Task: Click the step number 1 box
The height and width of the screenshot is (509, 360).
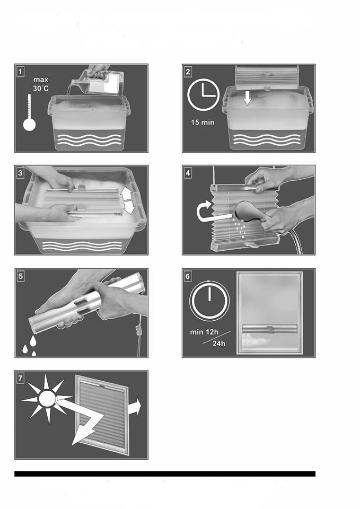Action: [x=21, y=72]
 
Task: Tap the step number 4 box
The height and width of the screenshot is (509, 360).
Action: [x=188, y=173]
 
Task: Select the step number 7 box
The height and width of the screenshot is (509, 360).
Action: [x=21, y=378]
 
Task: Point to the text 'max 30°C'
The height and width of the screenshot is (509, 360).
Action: [x=41, y=84]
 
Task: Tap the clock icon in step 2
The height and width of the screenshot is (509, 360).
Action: [x=203, y=95]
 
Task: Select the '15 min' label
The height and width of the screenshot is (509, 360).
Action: [x=203, y=122]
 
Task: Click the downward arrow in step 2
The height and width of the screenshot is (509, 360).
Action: [x=248, y=98]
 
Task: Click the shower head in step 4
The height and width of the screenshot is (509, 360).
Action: [x=247, y=212]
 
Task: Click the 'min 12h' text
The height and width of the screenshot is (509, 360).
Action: [x=204, y=332]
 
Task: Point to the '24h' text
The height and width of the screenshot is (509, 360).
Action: [x=219, y=344]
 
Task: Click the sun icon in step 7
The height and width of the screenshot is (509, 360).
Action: [x=47, y=399]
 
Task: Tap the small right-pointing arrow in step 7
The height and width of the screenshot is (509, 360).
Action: [x=135, y=407]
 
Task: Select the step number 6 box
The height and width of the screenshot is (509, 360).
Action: [x=188, y=276]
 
